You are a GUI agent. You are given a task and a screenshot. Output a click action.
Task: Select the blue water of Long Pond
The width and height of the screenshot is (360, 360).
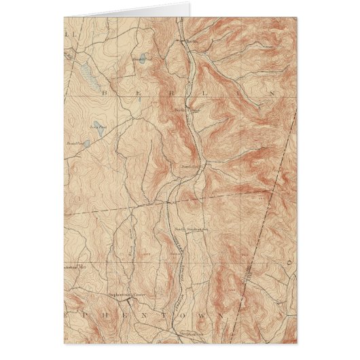(x=102, y=132)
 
